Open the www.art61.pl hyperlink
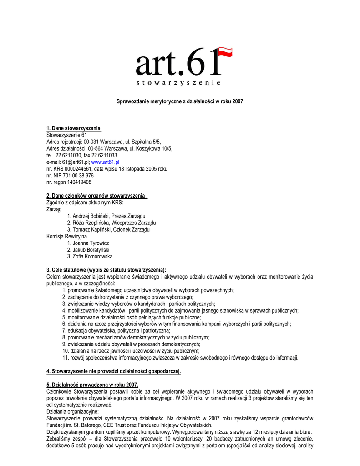point(105,162)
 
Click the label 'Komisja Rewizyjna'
point(66,236)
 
